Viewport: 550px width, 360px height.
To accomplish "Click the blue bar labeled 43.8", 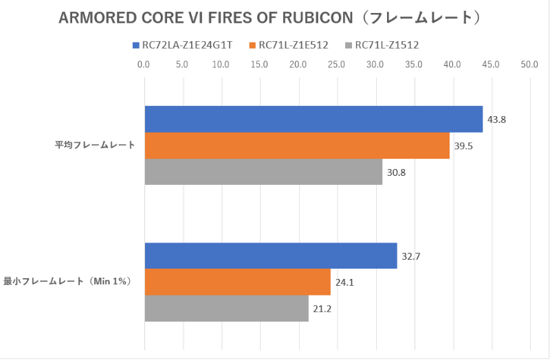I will click(313, 119).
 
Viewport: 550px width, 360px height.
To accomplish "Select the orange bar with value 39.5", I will click(297, 146).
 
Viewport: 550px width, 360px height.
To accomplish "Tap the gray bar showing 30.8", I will click(263, 172).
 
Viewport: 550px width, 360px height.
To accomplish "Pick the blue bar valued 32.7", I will click(271, 256).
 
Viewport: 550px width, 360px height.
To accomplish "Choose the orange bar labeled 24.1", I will click(238, 282).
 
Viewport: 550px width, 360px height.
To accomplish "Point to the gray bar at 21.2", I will click(227, 308).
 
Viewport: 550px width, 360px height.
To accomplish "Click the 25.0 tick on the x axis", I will click(336, 65).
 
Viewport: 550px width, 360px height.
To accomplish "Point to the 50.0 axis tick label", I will click(529, 65).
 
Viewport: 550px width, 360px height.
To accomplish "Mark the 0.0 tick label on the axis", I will click(144, 65).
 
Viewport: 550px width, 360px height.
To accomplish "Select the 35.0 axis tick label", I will click(413, 65).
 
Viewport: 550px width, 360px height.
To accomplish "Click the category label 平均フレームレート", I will click(95, 145).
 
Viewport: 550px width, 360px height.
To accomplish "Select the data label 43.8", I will click(496, 120).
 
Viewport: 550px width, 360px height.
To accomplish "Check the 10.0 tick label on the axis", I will click(221, 65).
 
